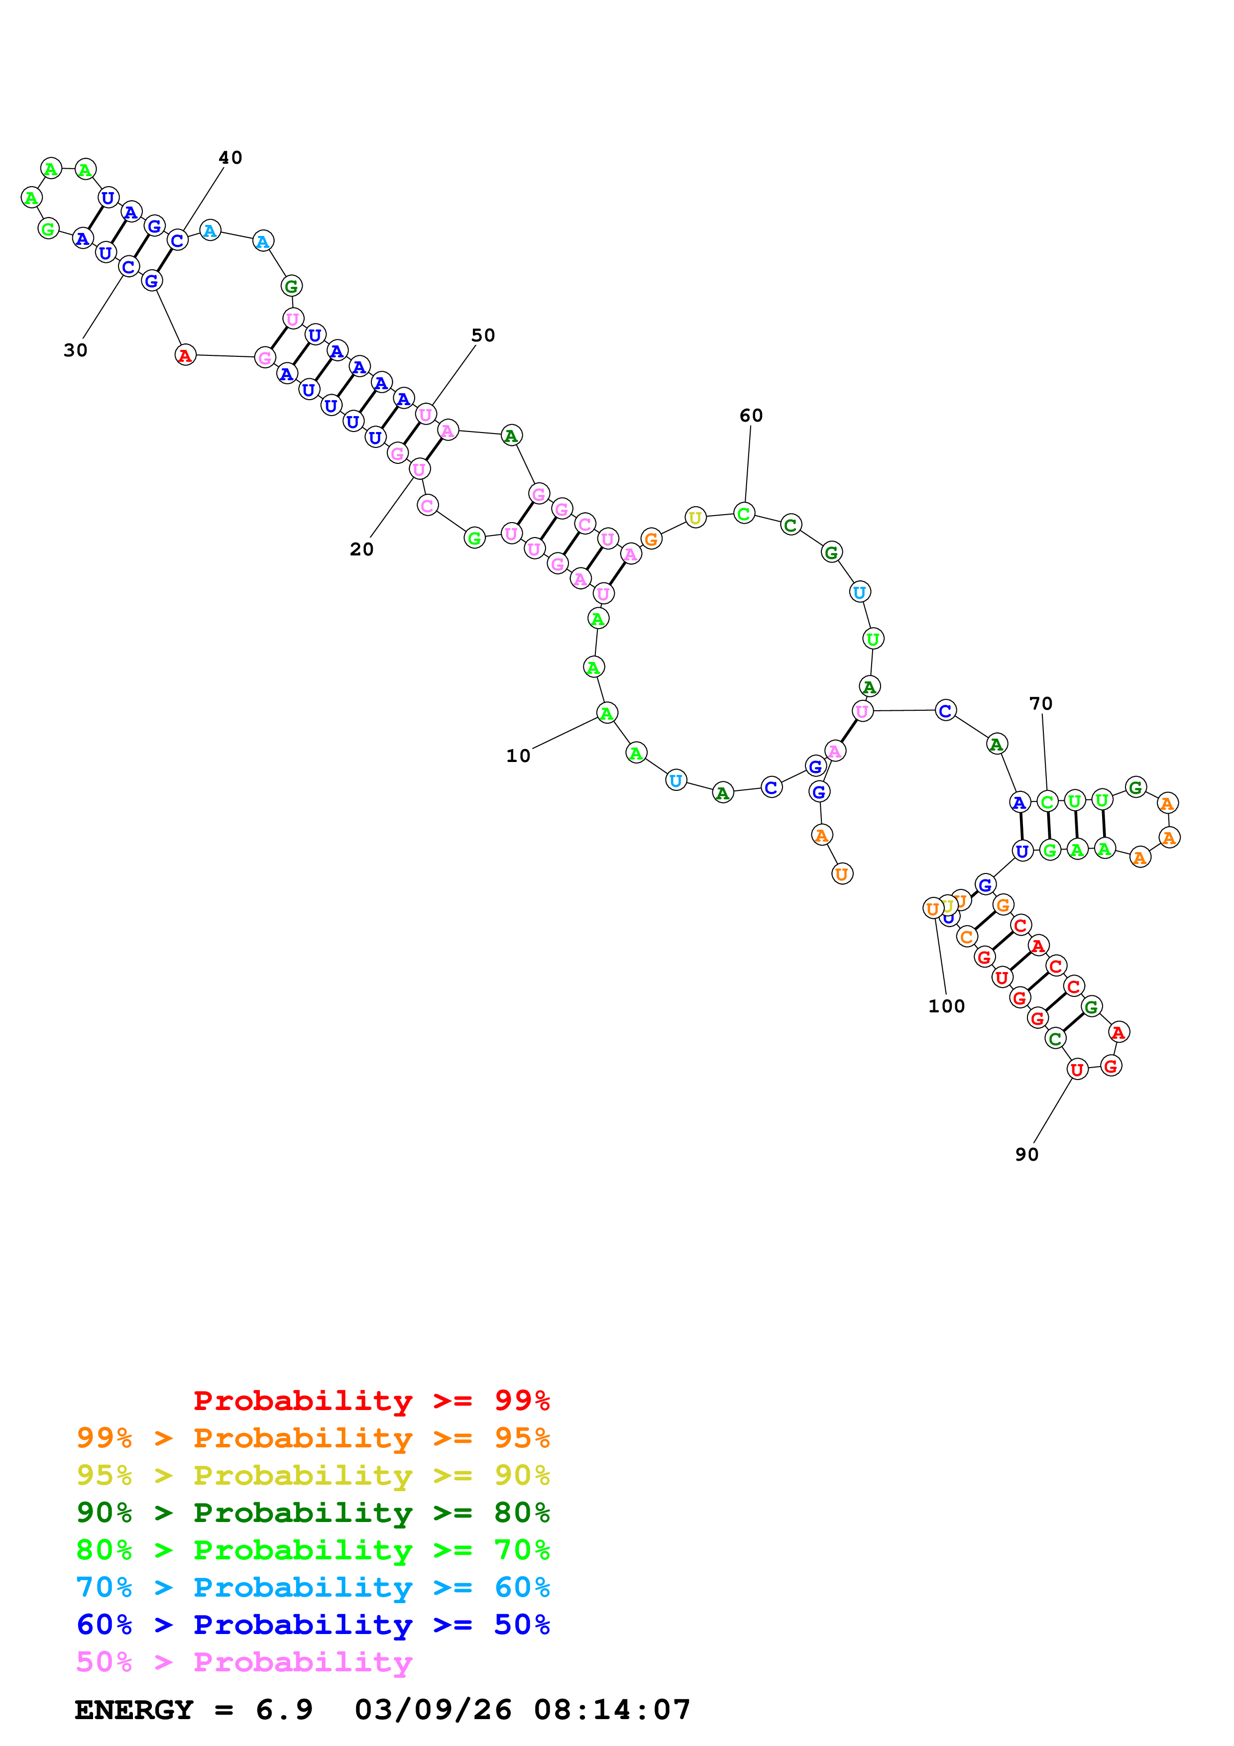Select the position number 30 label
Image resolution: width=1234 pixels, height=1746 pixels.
pos(75,350)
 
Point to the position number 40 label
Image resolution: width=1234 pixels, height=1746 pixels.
pos(230,157)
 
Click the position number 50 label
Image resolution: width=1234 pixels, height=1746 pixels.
pos(483,335)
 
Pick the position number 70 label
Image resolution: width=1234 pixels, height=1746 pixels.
pos(1041,703)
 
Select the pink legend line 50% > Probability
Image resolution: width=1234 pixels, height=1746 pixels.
pos(244,1662)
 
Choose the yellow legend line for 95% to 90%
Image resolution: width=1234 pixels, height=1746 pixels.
pos(313,1475)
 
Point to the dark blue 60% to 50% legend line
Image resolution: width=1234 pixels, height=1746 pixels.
pos(313,1625)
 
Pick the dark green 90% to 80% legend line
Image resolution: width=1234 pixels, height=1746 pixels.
pos(313,1513)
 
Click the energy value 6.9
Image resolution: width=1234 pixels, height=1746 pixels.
pos(284,1710)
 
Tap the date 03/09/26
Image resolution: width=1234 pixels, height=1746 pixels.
pos(433,1710)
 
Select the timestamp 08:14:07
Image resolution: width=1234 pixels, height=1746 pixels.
pos(612,1710)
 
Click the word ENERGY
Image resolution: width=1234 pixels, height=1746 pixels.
pos(134,1710)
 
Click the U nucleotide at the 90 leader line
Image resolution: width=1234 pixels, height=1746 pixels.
pos(1077,1069)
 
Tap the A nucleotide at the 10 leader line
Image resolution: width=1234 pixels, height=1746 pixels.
pos(606,713)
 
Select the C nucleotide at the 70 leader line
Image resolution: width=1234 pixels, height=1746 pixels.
pos(1047,801)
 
